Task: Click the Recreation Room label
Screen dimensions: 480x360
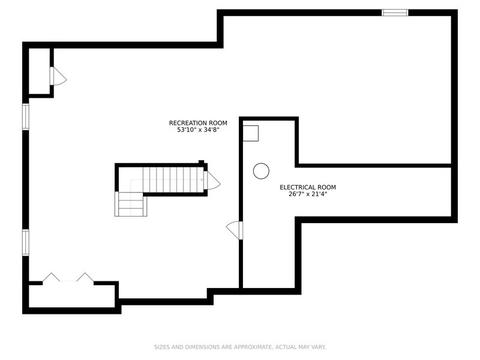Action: tap(198, 123)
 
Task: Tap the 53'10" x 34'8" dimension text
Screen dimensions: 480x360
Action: tap(198, 130)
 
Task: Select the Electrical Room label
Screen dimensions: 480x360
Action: tap(308, 187)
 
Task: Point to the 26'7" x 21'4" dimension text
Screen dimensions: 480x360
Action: tap(308, 194)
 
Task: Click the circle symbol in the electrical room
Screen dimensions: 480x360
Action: tap(261, 171)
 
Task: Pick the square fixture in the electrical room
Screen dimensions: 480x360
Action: tap(251, 133)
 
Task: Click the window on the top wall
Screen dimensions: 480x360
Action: tap(395, 13)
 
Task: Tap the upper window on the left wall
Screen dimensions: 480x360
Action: tap(26, 116)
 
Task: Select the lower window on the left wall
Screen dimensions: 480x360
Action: tap(26, 242)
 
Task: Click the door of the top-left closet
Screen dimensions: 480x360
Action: tap(57, 77)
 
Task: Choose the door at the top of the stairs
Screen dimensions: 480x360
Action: tap(211, 181)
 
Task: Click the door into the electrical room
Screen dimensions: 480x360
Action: tap(235, 230)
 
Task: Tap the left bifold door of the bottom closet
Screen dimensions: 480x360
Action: tap(51, 277)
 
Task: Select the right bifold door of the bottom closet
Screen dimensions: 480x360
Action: tap(85, 277)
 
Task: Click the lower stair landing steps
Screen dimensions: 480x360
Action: tap(131, 204)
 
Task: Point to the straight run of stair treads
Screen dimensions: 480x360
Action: tap(173, 180)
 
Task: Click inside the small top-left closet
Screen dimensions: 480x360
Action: tap(39, 71)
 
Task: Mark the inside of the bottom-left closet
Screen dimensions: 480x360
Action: tap(72, 296)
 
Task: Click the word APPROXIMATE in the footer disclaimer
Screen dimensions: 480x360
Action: tap(252, 347)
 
